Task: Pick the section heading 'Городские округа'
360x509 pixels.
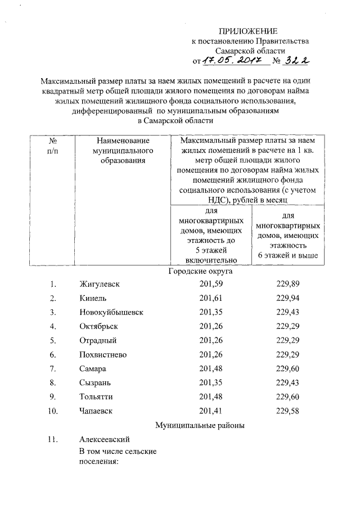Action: pyautogui.click(x=201, y=271)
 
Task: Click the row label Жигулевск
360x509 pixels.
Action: pyautogui.click(x=100, y=285)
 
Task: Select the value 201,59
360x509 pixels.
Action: pyautogui.click(x=210, y=285)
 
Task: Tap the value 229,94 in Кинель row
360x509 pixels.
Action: pyautogui.click(x=287, y=298)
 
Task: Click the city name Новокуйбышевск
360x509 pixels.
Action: pyautogui.click(x=111, y=312)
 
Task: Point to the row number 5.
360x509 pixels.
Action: pyautogui.click(x=53, y=340)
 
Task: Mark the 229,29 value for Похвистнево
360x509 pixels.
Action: pyautogui.click(x=287, y=355)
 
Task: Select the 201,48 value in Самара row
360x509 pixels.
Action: pyautogui.click(x=210, y=369)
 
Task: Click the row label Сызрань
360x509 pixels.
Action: pyautogui.click(x=97, y=383)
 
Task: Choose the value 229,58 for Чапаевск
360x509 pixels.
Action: pyautogui.click(x=287, y=411)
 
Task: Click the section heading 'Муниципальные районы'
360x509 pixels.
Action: pyautogui.click(x=200, y=426)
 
